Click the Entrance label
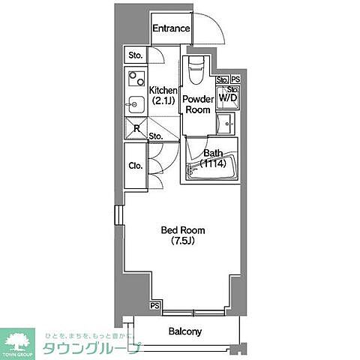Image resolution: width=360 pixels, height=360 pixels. tap(171, 28)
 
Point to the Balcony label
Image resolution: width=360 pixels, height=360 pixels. tap(184, 331)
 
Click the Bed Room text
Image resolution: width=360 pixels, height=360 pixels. tap(184, 229)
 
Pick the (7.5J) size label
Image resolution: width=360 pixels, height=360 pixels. tap(184, 241)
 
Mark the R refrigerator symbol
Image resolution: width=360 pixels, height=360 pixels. tap(136, 127)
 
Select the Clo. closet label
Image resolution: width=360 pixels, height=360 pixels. tap(135, 166)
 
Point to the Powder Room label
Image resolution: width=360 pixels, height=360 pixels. tap(198, 103)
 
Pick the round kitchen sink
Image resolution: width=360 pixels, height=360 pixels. tap(136, 103)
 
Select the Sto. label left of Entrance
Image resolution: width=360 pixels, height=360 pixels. tap(135, 55)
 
